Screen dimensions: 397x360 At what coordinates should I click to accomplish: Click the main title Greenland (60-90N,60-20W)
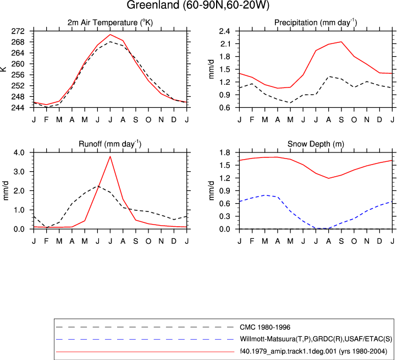(x=198, y=5)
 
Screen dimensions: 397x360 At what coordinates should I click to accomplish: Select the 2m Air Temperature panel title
(x=110, y=23)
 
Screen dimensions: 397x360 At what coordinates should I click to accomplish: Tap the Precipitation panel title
(x=316, y=23)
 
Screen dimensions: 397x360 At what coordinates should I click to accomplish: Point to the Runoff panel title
(x=110, y=144)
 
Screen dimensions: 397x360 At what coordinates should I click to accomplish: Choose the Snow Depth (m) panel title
(x=316, y=144)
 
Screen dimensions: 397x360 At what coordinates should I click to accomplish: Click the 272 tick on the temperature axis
(x=18, y=31)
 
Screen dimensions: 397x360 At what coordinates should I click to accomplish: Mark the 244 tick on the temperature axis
(x=18, y=108)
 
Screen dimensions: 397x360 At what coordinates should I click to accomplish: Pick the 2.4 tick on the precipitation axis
(x=224, y=31)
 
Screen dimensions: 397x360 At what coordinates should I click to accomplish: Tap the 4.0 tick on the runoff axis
(x=19, y=152)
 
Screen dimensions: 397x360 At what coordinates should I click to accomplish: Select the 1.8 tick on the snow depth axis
(x=224, y=152)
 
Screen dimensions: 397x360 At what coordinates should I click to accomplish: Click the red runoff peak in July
(x=110, y=156)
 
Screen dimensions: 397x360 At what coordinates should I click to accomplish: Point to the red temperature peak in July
(x=110, y=35)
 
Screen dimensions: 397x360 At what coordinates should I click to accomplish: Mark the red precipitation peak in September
(x=341, y=42)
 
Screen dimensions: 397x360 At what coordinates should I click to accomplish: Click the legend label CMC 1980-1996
(x=265, y=328)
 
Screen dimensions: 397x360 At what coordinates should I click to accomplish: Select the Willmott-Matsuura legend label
(x=316, y=339)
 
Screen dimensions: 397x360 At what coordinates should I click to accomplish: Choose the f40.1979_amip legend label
(x=313, y=351)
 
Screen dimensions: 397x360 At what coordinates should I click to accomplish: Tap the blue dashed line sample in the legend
(x=145, y=340)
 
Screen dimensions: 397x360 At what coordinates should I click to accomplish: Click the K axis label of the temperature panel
(x=3, y=69)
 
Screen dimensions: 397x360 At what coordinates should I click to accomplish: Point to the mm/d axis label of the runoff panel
(x=5, y=190)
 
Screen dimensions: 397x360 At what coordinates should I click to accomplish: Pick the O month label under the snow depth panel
(x=354, y=241)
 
